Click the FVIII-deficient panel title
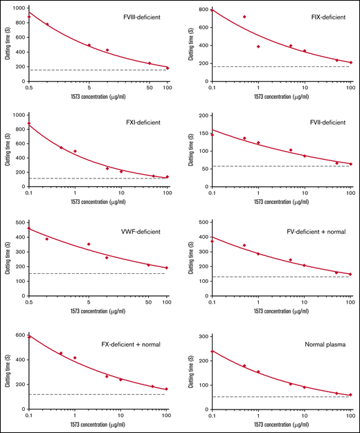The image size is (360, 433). point(143,15)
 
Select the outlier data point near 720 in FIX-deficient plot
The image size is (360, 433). point(244,17)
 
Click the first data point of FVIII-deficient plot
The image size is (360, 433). point(28,17)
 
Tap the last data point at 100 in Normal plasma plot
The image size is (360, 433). point(350,395)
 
